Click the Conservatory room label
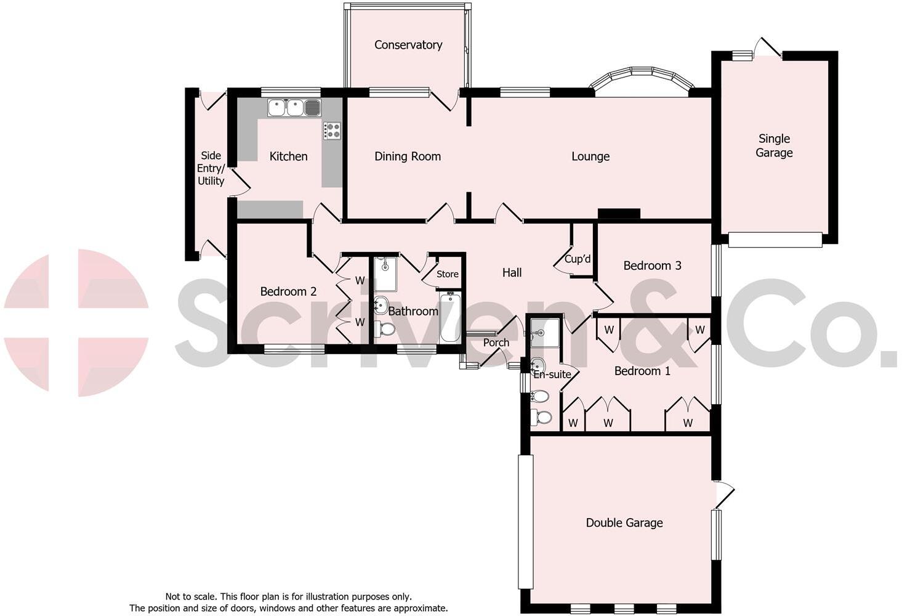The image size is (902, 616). tap(408, 45)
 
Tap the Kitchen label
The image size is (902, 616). tap(288, 156)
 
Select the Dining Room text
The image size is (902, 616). tap(408, 156)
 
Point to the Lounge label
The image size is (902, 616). tap(590, 156)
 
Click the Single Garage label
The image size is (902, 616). tap(774, 146)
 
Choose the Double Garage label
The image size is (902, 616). tap(624, 523)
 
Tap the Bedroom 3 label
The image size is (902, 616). tap(652, 265)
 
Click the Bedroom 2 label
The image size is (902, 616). tap(288, 291)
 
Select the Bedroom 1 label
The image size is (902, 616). tap(642, 371)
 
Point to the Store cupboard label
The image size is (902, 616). tap(448, 274)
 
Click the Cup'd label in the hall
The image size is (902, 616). tap(578, 259)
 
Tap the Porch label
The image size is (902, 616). tap(496, 342)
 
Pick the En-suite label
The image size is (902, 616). tap(552, 375)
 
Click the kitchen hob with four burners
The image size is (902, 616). tap(332, 131)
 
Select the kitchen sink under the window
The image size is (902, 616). tap(294, 108)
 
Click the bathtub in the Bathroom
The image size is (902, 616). tap(449, 318)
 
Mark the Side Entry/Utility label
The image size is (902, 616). tap(211, 168)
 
